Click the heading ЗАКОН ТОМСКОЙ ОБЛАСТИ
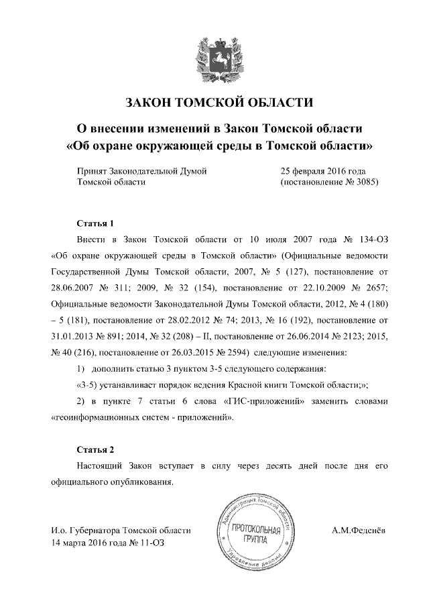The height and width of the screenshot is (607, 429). click(x=220, y=103)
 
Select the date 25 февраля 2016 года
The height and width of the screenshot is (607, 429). click(x=322, y=171)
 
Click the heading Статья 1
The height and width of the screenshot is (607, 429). click(x=91, y=223)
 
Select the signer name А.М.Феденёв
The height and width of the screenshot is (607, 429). click(x=358, y=531)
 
